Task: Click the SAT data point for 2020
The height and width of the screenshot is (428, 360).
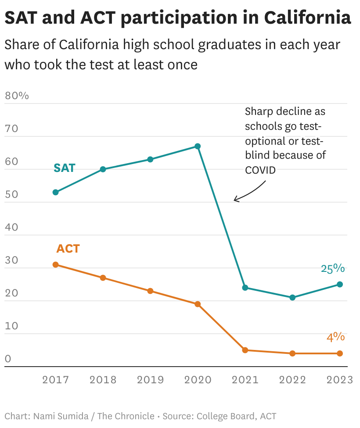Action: [198, 146]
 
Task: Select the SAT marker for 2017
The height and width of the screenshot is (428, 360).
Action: [55, 192]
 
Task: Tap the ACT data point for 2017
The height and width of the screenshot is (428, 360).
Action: [55, 264]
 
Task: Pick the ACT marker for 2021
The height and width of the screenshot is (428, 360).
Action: [245, 350]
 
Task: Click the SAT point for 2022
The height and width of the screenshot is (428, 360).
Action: [292, 297]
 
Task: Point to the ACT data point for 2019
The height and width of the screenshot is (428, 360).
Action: [150, 291]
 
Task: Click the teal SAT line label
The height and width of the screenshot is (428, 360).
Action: [65, 168]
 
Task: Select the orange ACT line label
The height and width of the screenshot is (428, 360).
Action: [68, 249]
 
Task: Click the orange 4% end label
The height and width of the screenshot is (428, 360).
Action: [335, 337]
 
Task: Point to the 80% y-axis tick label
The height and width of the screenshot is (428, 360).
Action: [17, 95]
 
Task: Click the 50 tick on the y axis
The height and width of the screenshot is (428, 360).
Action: [12, 194]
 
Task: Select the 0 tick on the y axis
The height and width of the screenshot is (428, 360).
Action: [8, 359]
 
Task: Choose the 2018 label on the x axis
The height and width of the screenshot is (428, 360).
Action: [103, 380]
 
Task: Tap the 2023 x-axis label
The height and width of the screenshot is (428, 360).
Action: [339, 380]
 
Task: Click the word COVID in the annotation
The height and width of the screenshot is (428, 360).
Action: [260, 170]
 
